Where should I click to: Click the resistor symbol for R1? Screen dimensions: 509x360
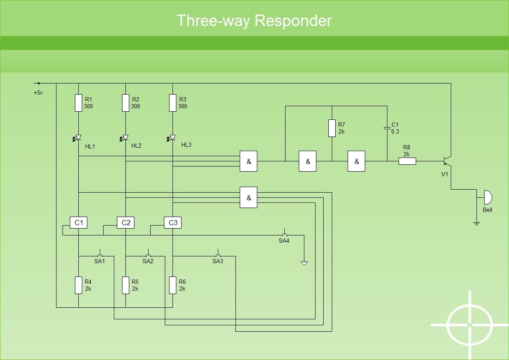pos(79,103)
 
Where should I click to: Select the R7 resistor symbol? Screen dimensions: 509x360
pos(332,128)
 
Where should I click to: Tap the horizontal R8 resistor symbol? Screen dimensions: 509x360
pos(407,161)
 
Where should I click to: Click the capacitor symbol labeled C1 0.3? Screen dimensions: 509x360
pos(387,128)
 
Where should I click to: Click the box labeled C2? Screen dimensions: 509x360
pos(125,223)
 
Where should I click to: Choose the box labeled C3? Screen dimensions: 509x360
pos(173,223)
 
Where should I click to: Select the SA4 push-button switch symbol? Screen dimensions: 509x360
pos(285,232)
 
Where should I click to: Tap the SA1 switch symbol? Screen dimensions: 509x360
pos(100,253)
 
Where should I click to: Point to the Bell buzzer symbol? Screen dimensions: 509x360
pos(488,197)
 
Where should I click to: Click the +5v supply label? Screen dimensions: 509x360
pos(38,93)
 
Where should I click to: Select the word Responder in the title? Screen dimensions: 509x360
pos(293,21)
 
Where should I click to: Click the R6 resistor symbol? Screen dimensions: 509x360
pos(173,286)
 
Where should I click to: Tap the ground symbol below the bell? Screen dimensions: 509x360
pos(476,223)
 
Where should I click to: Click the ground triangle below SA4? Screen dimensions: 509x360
pos(304,263)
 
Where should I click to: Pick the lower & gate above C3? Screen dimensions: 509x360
pos(248,197)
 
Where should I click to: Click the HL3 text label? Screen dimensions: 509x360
pos(186,145)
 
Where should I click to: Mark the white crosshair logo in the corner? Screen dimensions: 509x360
pos(470,324)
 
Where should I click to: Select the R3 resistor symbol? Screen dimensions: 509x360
pos(173,103)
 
